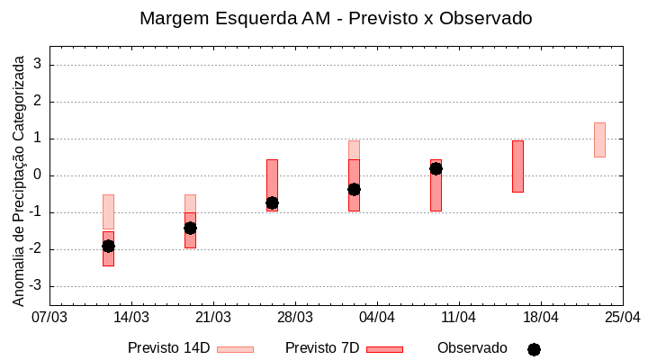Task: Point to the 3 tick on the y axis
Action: click(x=39, y=65)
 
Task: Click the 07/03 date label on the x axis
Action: click(x=49, y=318)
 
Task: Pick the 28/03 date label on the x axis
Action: click(x=295, y=318)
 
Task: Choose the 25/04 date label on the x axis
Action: click(x=622, y=318)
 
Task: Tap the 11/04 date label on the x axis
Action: click(x=459, y=318)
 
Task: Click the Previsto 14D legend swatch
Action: click(x=235, y=349)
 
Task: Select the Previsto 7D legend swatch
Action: click(x=384, y=349)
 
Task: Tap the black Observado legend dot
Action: click(x=534, y=349)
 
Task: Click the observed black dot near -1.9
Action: click(x=108, y=246)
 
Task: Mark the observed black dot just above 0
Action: click(x=436, y=168)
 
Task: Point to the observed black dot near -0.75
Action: click(x=272, y=202)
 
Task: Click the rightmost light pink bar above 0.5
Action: click(x=599, y=139)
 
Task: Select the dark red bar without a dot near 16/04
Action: click(x=517, y=166)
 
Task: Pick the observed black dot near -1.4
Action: click(x=190, y=228)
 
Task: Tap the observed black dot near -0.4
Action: click(x=354, y=189)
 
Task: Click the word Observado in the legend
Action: click(x=472, y=348)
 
